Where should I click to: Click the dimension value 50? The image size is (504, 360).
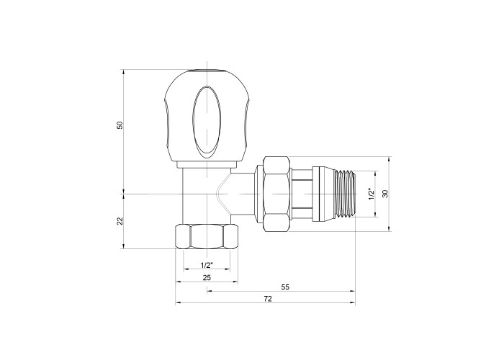tap(120, 125)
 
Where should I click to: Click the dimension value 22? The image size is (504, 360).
tap(120, 221)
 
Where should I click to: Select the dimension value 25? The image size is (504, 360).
tap(207, 277)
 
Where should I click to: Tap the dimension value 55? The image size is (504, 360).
tap(285, 287)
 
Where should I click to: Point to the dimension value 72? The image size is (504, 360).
tap(267, 299)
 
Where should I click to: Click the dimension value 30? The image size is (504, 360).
tap(385, 194)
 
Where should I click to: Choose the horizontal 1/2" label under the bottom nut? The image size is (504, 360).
tap(207, 265)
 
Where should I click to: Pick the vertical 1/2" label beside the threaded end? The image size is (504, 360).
tap(372, 194)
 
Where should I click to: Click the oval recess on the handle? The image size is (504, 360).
tap(207, 122)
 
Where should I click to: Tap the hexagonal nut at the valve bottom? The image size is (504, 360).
tap(207, 237)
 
